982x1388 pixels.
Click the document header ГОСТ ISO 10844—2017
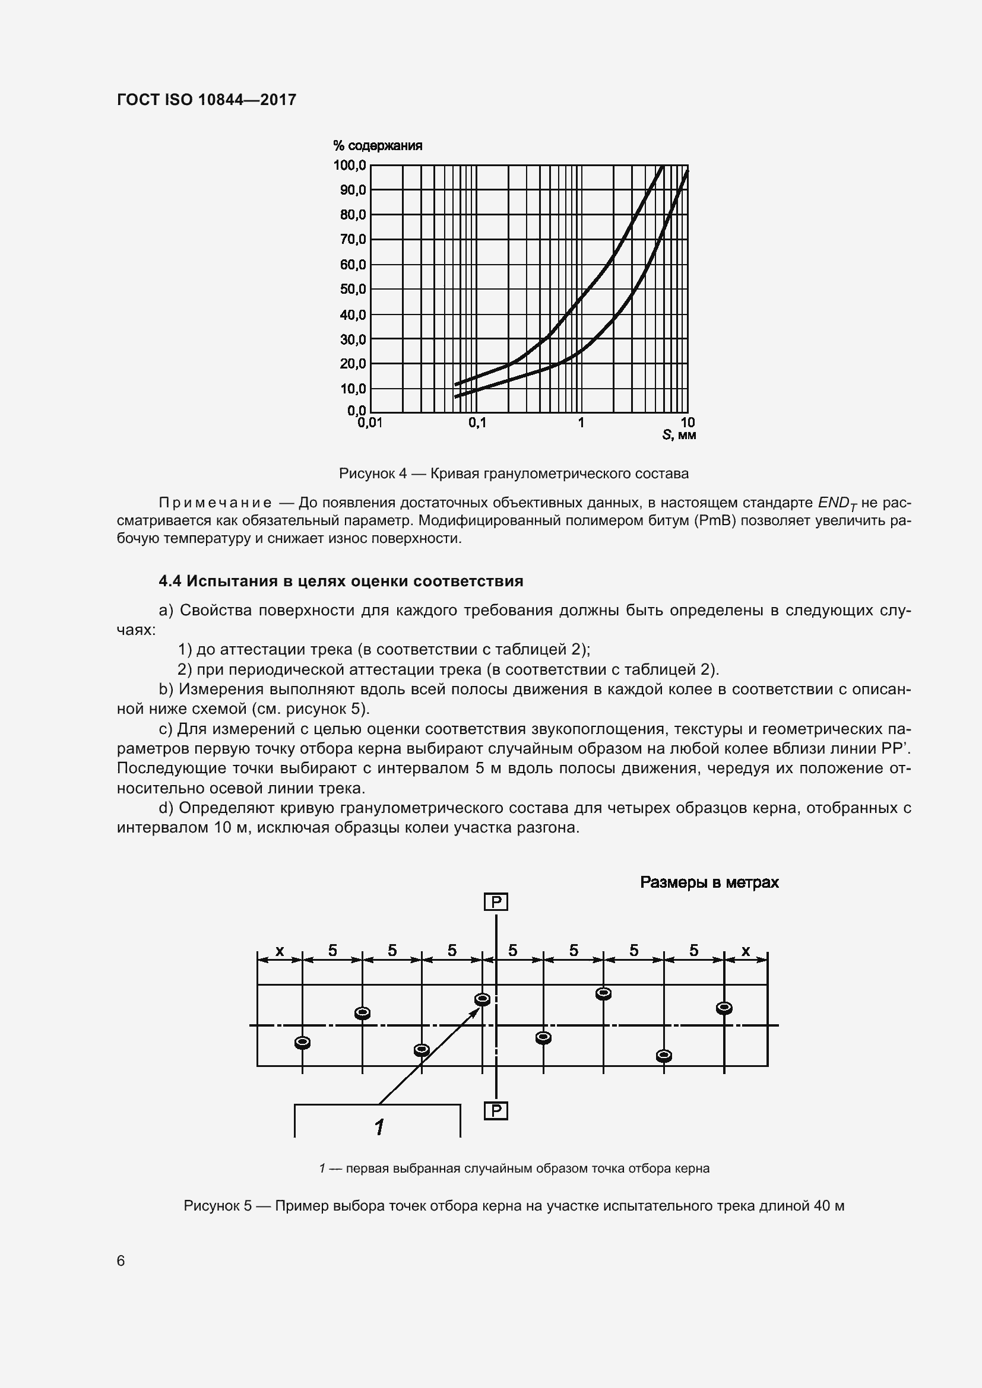[206, 100]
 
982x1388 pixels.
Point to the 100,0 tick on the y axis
[350, 165]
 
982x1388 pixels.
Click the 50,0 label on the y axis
[353, 289]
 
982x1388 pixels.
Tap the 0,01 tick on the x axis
[370, 423]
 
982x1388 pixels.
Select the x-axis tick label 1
[581, 423]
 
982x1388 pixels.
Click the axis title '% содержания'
[378, 146]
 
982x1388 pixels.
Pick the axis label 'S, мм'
[679, 434]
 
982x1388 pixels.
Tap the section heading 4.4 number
[170, 582]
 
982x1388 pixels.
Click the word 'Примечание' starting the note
[215, 503]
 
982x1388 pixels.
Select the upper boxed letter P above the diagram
[496, 902]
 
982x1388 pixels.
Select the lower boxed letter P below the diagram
[496, 1110]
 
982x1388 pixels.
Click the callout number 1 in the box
[379, 1127]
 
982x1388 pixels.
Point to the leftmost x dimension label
[280, 951]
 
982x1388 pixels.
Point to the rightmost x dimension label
[746, 951]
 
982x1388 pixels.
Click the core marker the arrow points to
[483, 999]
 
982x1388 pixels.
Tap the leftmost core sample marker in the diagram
[302, 1042]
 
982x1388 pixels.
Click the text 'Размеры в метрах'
[709, 882]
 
